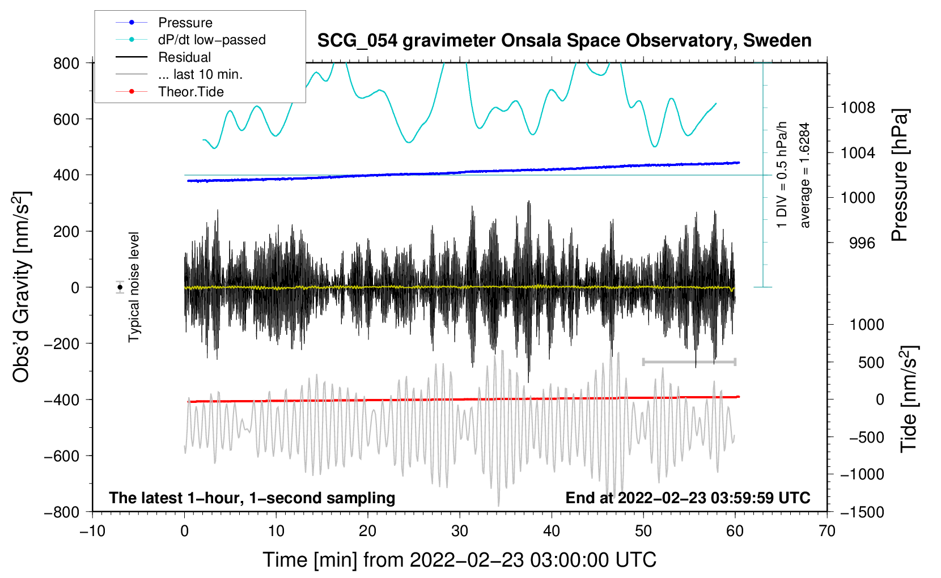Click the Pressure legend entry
pos(164,22)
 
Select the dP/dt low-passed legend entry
pos(190,40)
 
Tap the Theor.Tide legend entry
pos(169,92)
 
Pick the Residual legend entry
pos(163,57)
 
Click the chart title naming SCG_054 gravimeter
pos(564,41)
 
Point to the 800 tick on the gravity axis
pos(66,63)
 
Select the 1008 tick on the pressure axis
pos(858,108)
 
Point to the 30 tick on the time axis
pos(460,532)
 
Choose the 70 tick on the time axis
pos(826,532)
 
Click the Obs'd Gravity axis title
pos(22,287)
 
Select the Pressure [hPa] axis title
pos(900,175)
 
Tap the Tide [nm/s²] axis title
pos(909,399)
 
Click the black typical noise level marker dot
pos(120,287)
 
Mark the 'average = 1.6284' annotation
pos(804,175)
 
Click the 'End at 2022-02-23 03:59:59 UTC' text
pos(688,498)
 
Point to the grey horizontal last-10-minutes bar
pos(689,362)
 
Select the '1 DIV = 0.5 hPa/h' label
pos(781,175)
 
